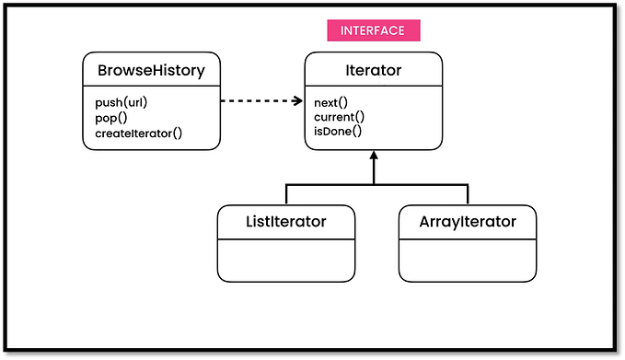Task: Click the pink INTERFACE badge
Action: pyautogui.click(x=374, y=30)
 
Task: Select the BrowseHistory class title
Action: pyautogui.click(x=151, y=69)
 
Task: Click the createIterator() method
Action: pyautogui.click(x=138, y=133)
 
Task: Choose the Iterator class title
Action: pyautogui.click(x=373, y=69)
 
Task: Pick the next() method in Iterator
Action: pyautogui.click(x=331, y=101)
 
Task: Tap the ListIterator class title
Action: pyautogui.click(x=285, y=221)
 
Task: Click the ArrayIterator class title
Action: pyautogui.click(x=468, y=221)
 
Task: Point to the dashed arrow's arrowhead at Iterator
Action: pyautogui.click(x=298, y=101)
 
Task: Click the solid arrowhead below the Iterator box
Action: pyautogui.click(x=374, y=157)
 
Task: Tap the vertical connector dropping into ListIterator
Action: pyautogui.click(x=285, y=194)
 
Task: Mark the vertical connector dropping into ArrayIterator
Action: pyautogui.click(x=468, y=194)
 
